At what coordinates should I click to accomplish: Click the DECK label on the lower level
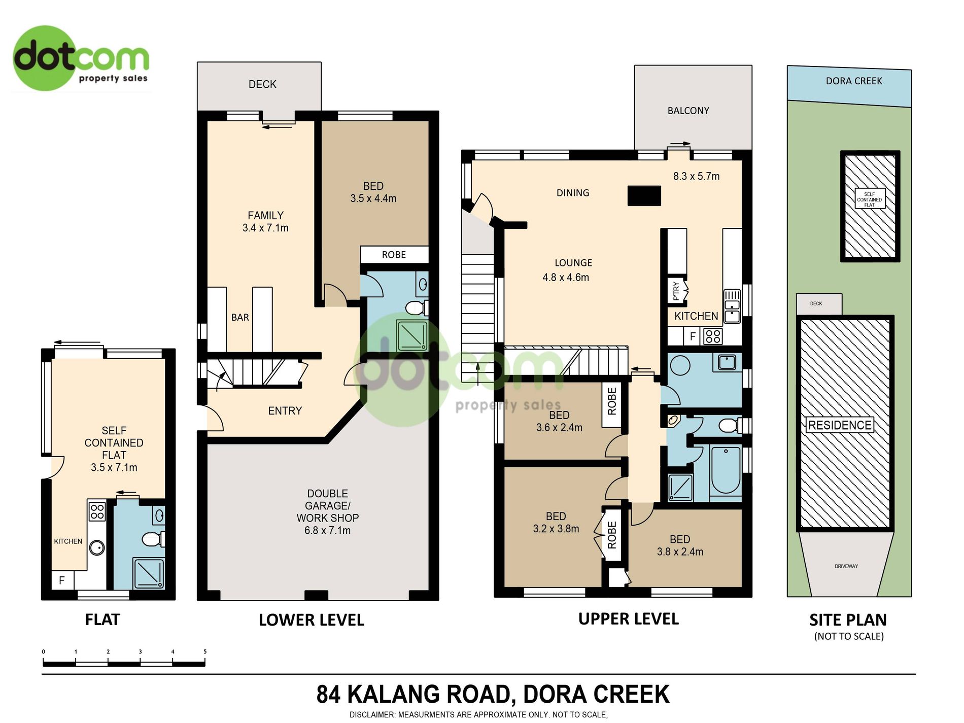(262, 84)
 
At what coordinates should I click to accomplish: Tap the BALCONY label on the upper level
(688, 111)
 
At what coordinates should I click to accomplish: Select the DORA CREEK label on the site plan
(854, 81)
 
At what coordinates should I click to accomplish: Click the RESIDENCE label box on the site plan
(840, 425)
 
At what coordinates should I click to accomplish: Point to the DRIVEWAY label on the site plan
(846, 566)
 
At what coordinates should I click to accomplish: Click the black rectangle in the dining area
(644, 195)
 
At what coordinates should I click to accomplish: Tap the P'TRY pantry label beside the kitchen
(676, 291)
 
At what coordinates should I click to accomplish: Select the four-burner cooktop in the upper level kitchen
(713, 336)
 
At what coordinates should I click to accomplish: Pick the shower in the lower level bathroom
(412, 335)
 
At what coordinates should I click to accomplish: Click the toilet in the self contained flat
(153, 539)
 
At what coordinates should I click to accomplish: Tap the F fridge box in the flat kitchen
(62, 580)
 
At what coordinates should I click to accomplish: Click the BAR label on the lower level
(240, 318)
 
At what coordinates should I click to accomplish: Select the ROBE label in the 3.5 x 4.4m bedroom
(394, 255)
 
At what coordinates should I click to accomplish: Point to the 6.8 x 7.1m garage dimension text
(327, 531)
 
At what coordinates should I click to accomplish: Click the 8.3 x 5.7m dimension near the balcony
(696, 177)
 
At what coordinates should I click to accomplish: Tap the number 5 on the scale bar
(205, 652)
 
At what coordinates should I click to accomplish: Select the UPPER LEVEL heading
(629, 619)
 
